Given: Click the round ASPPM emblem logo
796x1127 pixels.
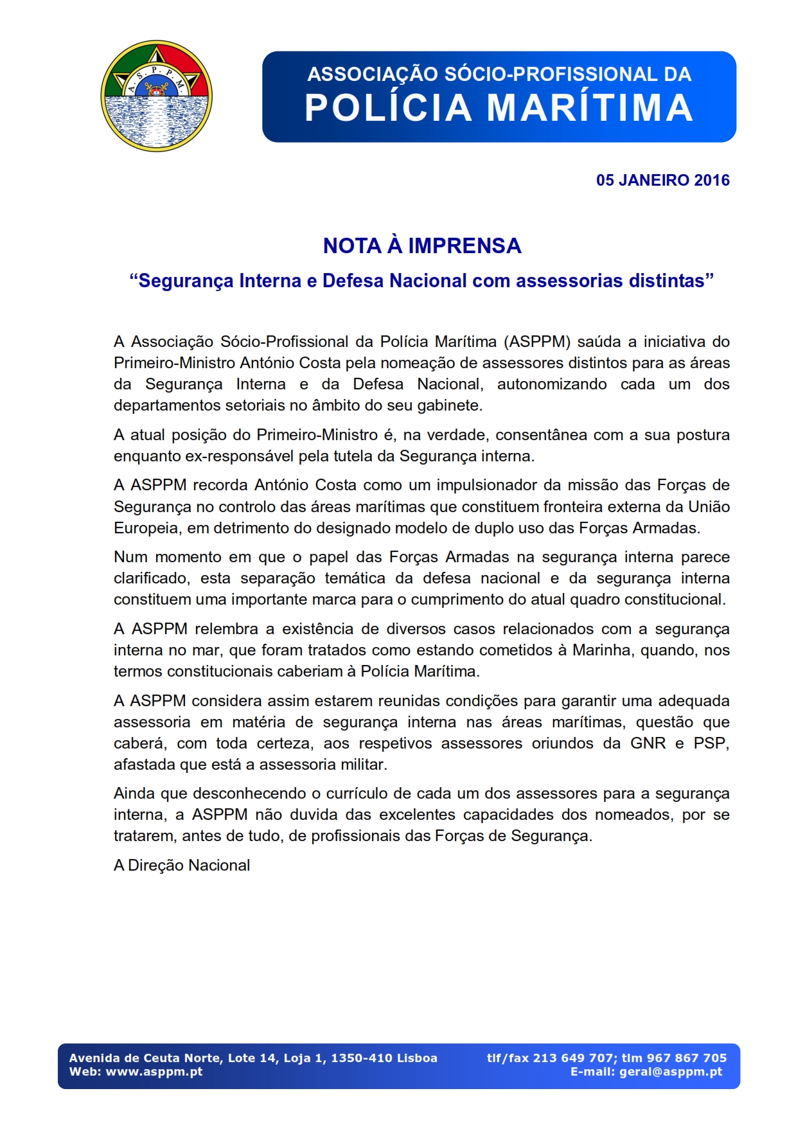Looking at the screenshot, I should (156, 96).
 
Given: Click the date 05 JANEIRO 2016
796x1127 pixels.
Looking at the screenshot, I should (662, 180).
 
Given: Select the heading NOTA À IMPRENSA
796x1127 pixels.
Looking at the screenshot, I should (421, 245).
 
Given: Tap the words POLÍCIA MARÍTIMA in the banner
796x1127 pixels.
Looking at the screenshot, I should (499, 107).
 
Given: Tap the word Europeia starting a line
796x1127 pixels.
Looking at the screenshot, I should (145, 528).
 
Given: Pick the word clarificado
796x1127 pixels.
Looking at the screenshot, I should (151, 578).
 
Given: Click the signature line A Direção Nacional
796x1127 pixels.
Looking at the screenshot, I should (182, 865).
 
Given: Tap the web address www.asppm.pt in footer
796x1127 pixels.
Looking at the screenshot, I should (154, 1072).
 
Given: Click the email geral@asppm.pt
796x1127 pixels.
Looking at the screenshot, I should (670, 1072).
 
